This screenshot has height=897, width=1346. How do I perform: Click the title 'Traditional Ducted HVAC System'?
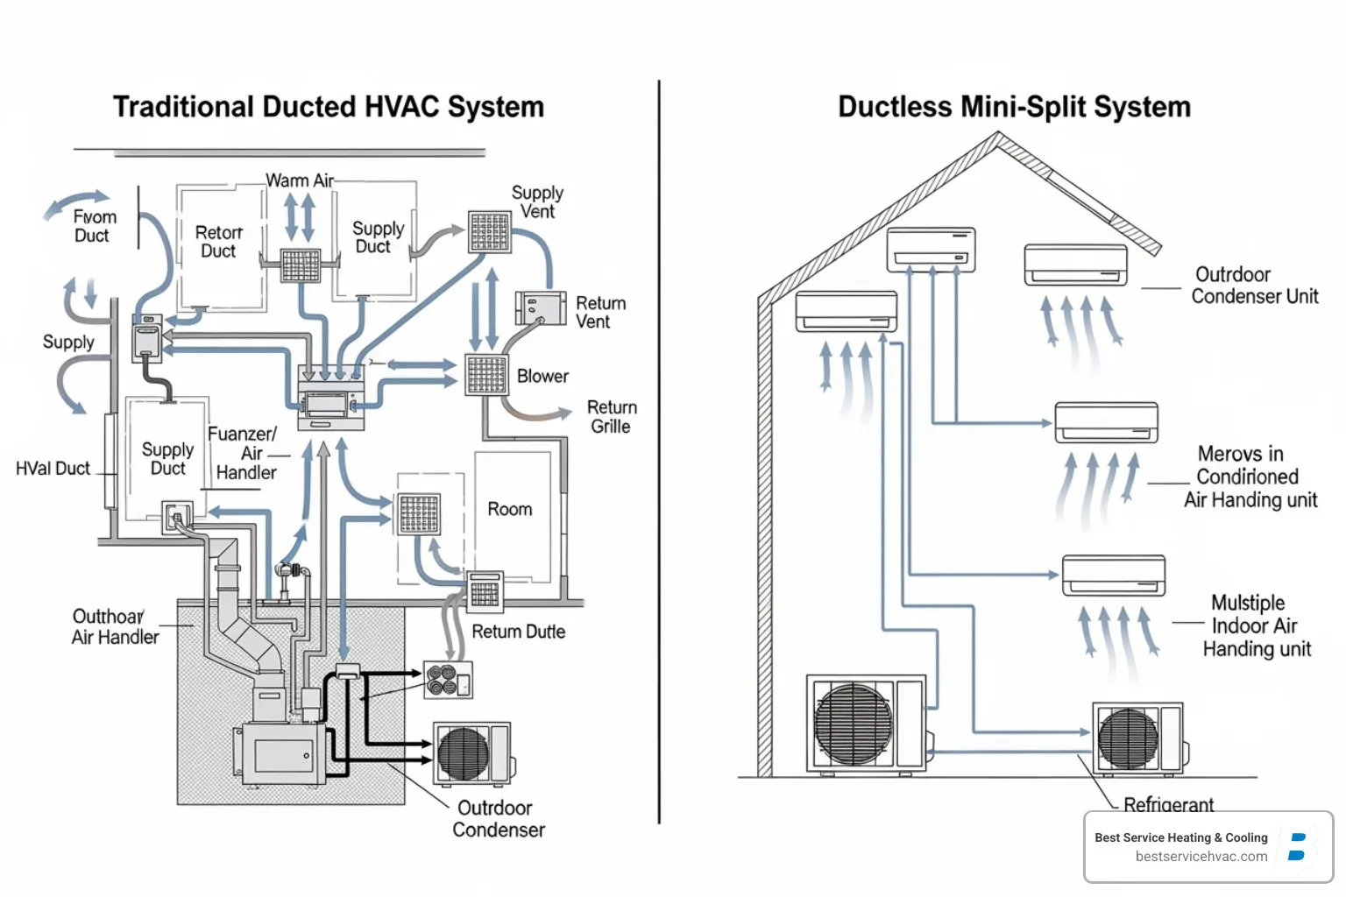point(329,107)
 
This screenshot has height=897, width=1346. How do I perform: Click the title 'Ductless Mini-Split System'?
point(1014,107)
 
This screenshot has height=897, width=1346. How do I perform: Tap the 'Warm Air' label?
point(300,180)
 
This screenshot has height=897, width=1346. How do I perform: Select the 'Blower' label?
point(542,376)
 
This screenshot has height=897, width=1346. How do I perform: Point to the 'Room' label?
point(509,509)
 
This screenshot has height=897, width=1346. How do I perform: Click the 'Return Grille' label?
point(611,417)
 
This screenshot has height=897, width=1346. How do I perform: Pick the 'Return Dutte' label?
point(518,632)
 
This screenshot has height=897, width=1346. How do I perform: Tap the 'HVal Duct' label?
point(53,469)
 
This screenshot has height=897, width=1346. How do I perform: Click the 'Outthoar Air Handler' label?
point(115,627)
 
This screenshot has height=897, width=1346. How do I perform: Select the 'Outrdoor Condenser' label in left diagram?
point(498,819)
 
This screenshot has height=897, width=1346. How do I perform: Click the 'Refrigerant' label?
point(1168,804)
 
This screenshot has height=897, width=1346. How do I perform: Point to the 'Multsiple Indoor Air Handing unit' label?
point(1256,625)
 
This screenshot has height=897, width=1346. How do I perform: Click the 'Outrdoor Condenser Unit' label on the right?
point(1254,286)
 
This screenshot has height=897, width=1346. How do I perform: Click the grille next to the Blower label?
point(486,376)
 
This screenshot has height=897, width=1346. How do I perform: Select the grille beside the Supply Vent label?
point(489,232)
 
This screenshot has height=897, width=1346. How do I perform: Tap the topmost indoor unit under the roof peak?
point(931,249)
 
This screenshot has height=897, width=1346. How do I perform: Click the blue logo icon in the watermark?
point(1298,846)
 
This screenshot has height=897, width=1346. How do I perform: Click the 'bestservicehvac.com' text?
point(1201,857)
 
